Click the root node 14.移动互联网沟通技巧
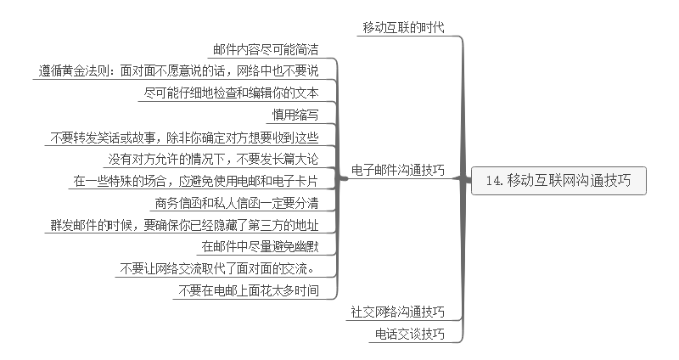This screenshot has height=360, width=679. (558, 180)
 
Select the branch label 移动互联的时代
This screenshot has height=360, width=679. (403, 28)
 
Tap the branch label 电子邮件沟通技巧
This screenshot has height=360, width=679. (398, 170)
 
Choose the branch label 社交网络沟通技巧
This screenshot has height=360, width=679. (398, 312)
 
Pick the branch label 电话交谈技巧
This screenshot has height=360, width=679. (410, 335)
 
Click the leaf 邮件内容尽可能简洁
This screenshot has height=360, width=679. (264, 49)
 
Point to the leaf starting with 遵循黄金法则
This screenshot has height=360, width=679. (178, 70)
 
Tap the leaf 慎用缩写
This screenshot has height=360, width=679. (295, 115)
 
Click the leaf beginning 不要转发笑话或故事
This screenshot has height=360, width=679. (184, 137)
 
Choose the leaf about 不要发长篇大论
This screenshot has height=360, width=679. (213, 159)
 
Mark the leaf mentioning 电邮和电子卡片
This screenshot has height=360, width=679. (195, 181)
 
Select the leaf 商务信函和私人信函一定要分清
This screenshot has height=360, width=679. (237, 203)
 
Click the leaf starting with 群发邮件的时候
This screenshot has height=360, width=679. (184, 225)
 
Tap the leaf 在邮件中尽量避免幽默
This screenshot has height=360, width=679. (259, 247)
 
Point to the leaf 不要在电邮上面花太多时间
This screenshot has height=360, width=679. (248, 291)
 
